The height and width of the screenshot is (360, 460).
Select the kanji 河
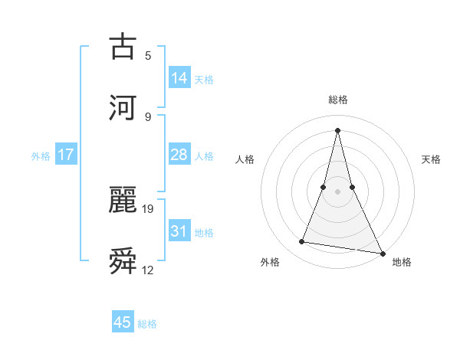pos(123,106)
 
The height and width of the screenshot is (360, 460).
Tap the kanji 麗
pos(123,201)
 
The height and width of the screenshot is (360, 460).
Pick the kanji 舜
pos(123,261)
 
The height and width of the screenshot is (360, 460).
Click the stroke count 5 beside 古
pos(148,56)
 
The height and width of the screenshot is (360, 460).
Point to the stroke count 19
pos(149,207)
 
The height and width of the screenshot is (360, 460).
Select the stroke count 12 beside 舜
pos(149,270)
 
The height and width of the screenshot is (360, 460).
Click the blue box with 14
pos(179,77)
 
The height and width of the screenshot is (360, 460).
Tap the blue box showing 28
pos(179,155)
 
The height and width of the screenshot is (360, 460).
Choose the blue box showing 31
pos(179,231)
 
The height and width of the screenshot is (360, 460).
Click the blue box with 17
pos(66,155)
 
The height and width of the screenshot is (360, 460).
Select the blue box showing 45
pos(123,322)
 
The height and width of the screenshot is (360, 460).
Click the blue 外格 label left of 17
pos(41,156)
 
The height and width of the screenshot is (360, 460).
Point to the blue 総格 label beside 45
pos(147,324)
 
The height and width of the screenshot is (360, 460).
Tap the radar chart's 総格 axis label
pos(337,100)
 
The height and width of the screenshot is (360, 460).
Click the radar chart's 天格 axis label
pos(432,159)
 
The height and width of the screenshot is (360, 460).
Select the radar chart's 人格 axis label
pos(245,159)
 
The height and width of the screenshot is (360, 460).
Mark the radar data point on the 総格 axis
pos(337,129)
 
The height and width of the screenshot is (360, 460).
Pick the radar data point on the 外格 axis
pos(301,242)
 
